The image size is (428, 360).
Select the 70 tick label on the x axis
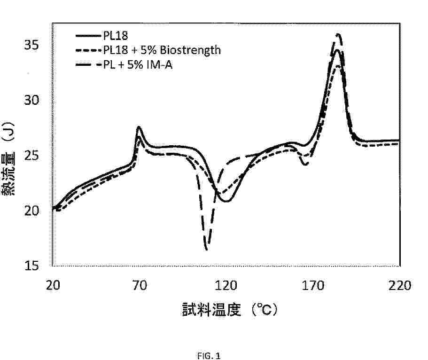[139, 285]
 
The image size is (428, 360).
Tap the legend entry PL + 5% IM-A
[139, 65]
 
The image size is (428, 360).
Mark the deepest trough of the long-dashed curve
[206, 249]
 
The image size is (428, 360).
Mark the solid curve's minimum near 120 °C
[227, 201]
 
